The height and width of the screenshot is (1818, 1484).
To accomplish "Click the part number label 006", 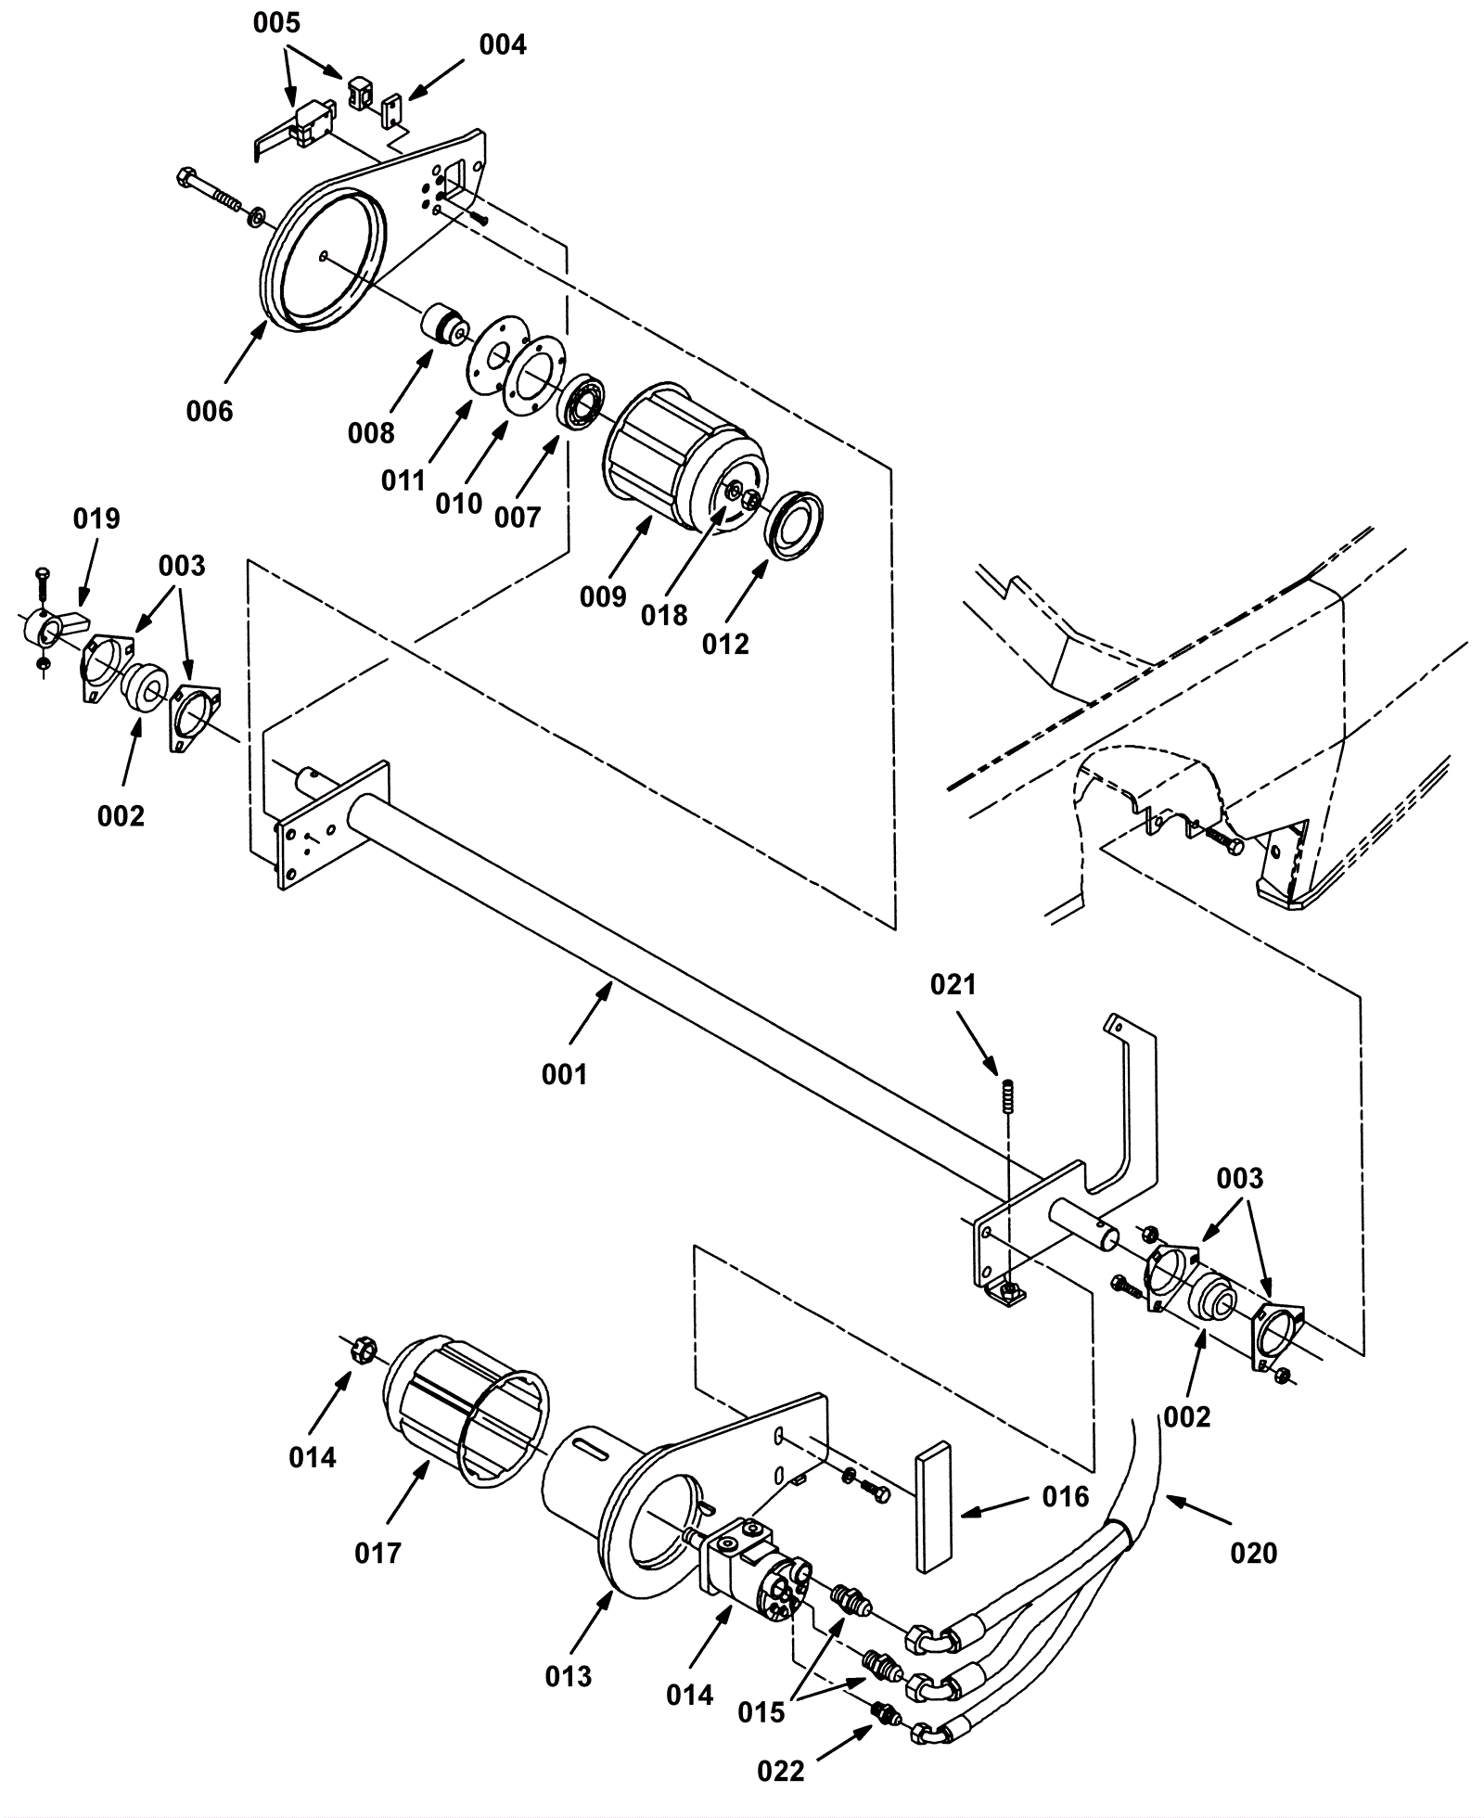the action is point(210,411).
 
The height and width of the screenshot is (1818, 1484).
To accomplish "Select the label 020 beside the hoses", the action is point(1253,1553).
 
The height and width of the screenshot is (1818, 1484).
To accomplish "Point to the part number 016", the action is point(1066,1496).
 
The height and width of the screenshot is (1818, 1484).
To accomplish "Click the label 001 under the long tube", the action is point(565,1075).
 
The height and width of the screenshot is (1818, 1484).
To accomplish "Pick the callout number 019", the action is point(97,519).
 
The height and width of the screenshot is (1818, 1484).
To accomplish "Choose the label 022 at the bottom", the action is point(781,1772).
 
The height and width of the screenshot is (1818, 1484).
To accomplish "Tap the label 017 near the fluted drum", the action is point(378,1553).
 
